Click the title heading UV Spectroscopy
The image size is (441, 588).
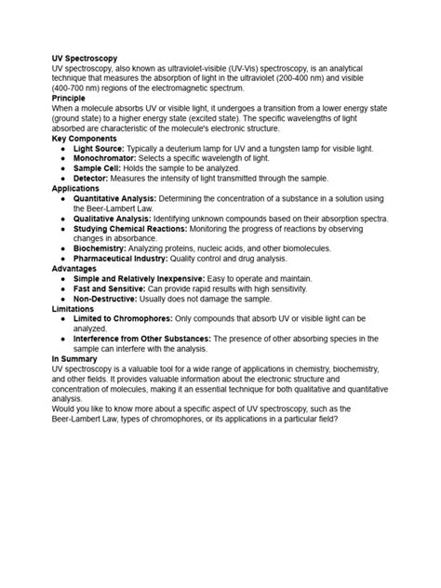(x=84, y=59)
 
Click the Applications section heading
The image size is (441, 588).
(x=74, y=187)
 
